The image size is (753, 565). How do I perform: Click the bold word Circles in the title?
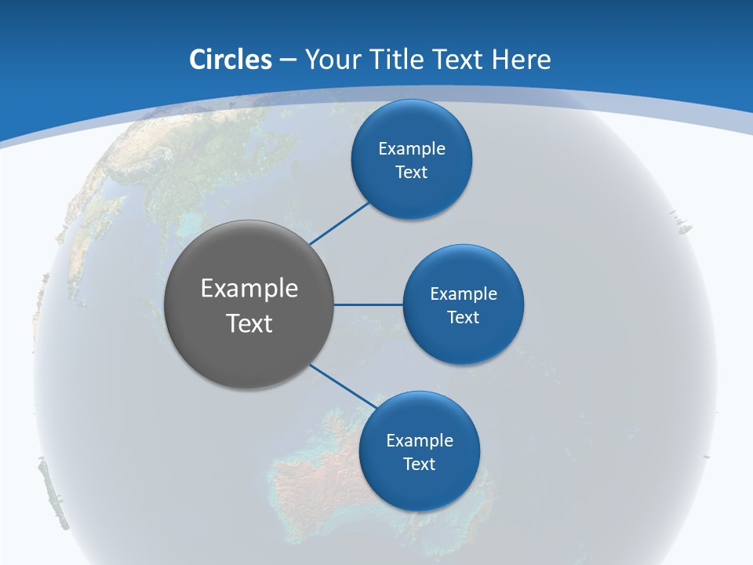pyautogui.click(x=230, y=60)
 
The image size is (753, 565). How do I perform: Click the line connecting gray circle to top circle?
pyautogui.click(x=340, y=223)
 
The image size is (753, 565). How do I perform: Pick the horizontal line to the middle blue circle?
pyautogui.click(x=369, y=304)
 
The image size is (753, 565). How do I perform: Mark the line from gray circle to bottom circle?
pyautogui.click(x=344, y=385)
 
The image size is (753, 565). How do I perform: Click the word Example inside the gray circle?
pyautogui.click(x=249, y=289)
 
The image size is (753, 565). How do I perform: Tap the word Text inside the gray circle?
pyautogui.click(x=249, y=323)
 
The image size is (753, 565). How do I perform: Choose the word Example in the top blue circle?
pyautogui.click(x=412, y=148)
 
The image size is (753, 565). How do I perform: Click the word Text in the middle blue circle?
pyautogui.click(x=463, y=317)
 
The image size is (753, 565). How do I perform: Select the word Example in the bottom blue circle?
pyautogui.click(x=420, y=440)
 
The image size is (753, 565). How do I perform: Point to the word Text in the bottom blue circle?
pyautogui.click(x=419, y=464)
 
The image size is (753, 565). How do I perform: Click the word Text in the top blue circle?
pyautogui.click(x=411, y=172)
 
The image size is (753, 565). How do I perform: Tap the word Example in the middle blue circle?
pyautogui.click(x=464, y=293)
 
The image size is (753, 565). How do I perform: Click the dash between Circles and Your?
pyautogui.click(x=288, y=60)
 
